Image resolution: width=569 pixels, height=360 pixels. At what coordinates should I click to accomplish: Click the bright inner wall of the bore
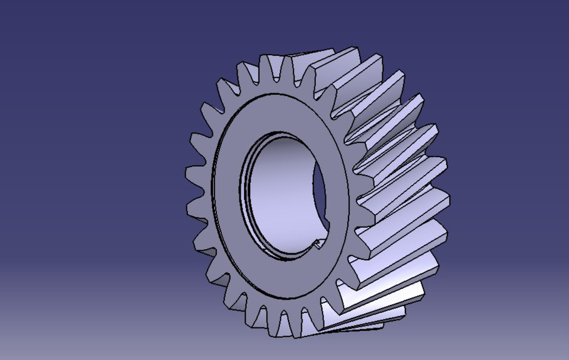[279, 196]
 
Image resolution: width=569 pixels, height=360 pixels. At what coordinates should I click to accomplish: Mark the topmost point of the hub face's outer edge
[279, 92]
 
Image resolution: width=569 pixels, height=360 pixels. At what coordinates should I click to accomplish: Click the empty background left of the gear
[89, 178]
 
